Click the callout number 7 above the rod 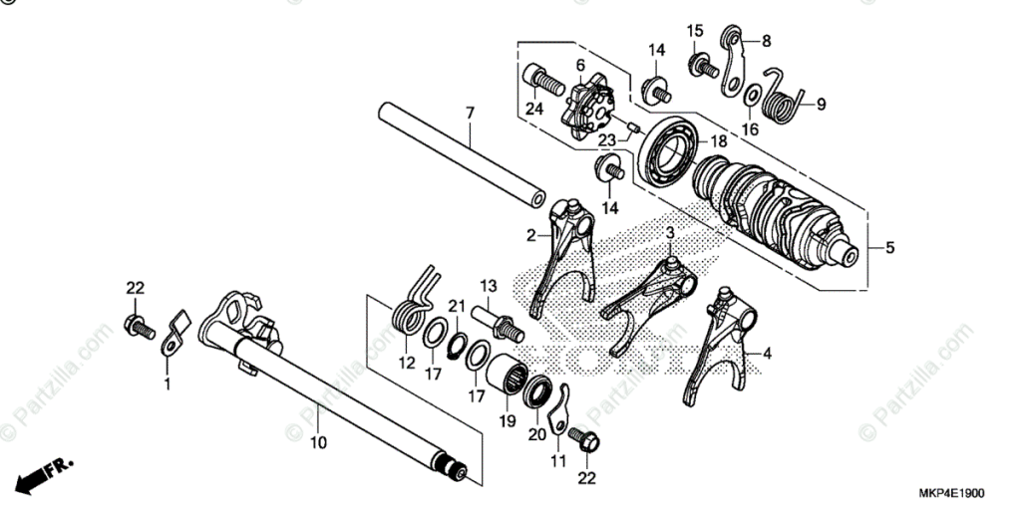point(469,115)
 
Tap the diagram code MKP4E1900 point(951,494)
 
